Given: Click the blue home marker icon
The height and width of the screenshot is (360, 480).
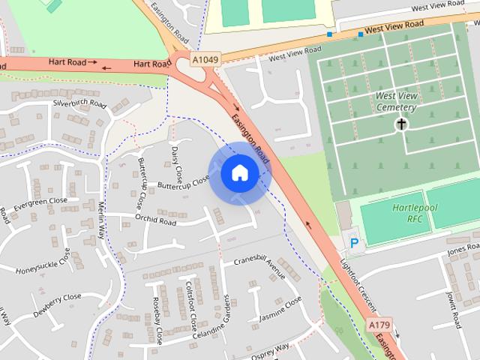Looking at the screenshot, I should point(239,173).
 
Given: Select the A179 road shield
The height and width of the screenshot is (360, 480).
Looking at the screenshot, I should point(380,324).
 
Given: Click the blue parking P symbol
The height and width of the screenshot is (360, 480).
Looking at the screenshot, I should point(353,243).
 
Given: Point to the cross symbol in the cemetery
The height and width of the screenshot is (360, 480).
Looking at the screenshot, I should point(402,124).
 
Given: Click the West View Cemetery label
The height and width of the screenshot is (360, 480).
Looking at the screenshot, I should point(395,102).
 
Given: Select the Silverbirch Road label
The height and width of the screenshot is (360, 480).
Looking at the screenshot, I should point(79,103).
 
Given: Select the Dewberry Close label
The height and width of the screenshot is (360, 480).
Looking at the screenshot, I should point(57,301).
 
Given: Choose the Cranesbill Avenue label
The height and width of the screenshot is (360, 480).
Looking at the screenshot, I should point(259,267).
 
